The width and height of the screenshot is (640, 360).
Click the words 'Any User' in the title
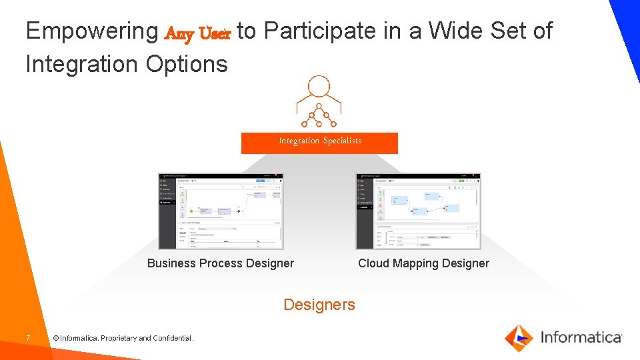point(197,33)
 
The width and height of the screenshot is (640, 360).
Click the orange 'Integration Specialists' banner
point(319,142)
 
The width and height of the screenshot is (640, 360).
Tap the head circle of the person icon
point(319,87)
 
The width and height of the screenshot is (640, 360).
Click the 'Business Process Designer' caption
point(220,263)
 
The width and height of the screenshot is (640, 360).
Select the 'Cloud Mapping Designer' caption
point(423,263)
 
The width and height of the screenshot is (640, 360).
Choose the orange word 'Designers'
point(319,305)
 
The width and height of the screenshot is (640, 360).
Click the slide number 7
point(28,339)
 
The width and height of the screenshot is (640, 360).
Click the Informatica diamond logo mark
point(519,337)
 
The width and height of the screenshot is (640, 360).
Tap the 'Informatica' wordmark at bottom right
point(581,337)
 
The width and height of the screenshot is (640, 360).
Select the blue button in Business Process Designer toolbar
point(261,180)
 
